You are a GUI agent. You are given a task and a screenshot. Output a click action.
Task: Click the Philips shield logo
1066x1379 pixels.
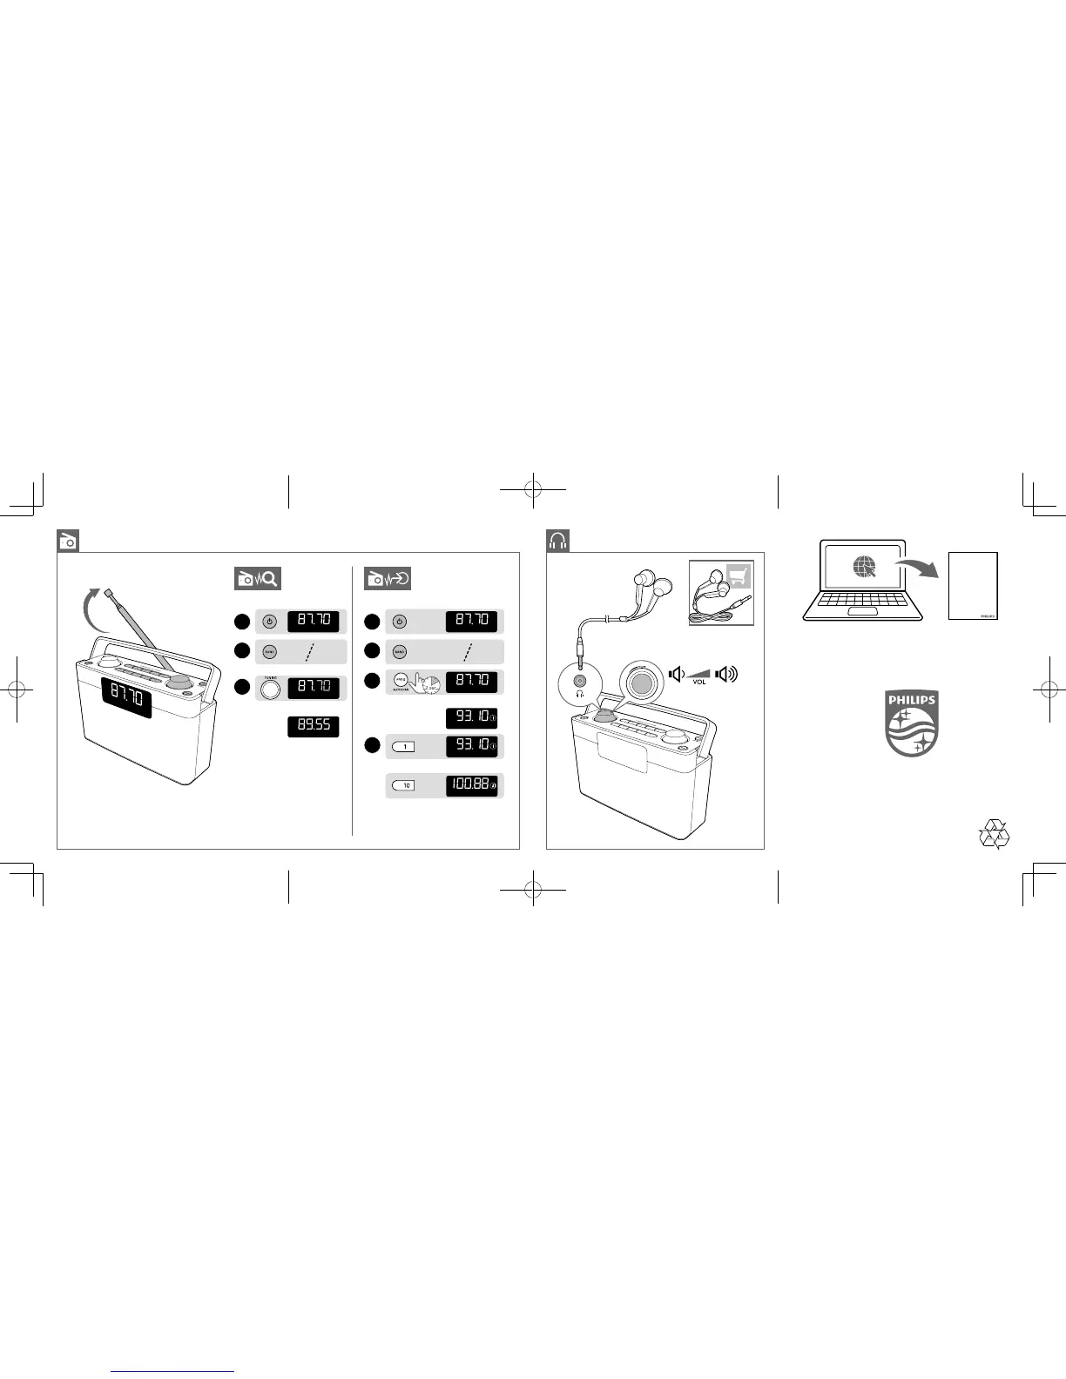(911, 723)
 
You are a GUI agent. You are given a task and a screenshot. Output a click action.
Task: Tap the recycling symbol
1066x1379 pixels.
(994, 833)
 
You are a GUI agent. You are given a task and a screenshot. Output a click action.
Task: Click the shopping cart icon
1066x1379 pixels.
(739, 576)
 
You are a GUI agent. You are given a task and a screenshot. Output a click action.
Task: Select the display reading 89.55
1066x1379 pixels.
(314, 726)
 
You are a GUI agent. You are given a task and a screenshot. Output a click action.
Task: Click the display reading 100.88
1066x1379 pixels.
(471, 785)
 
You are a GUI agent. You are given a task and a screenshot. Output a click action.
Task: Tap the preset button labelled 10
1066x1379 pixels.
(404, 785)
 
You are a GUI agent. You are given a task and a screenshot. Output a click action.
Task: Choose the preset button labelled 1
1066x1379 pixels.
(404, 746)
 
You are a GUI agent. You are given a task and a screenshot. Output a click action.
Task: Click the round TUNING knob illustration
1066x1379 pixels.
(270, 689)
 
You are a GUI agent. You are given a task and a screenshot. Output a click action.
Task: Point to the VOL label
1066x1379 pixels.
(698, 683)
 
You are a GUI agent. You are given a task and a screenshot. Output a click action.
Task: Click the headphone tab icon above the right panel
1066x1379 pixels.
(557, 541)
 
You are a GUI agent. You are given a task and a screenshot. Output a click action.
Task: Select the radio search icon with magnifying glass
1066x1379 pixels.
(257, 578)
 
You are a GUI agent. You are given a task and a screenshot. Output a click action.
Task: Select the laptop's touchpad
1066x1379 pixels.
(864, 613)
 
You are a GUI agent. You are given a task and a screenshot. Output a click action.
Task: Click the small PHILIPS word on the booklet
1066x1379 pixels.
(987, 614)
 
